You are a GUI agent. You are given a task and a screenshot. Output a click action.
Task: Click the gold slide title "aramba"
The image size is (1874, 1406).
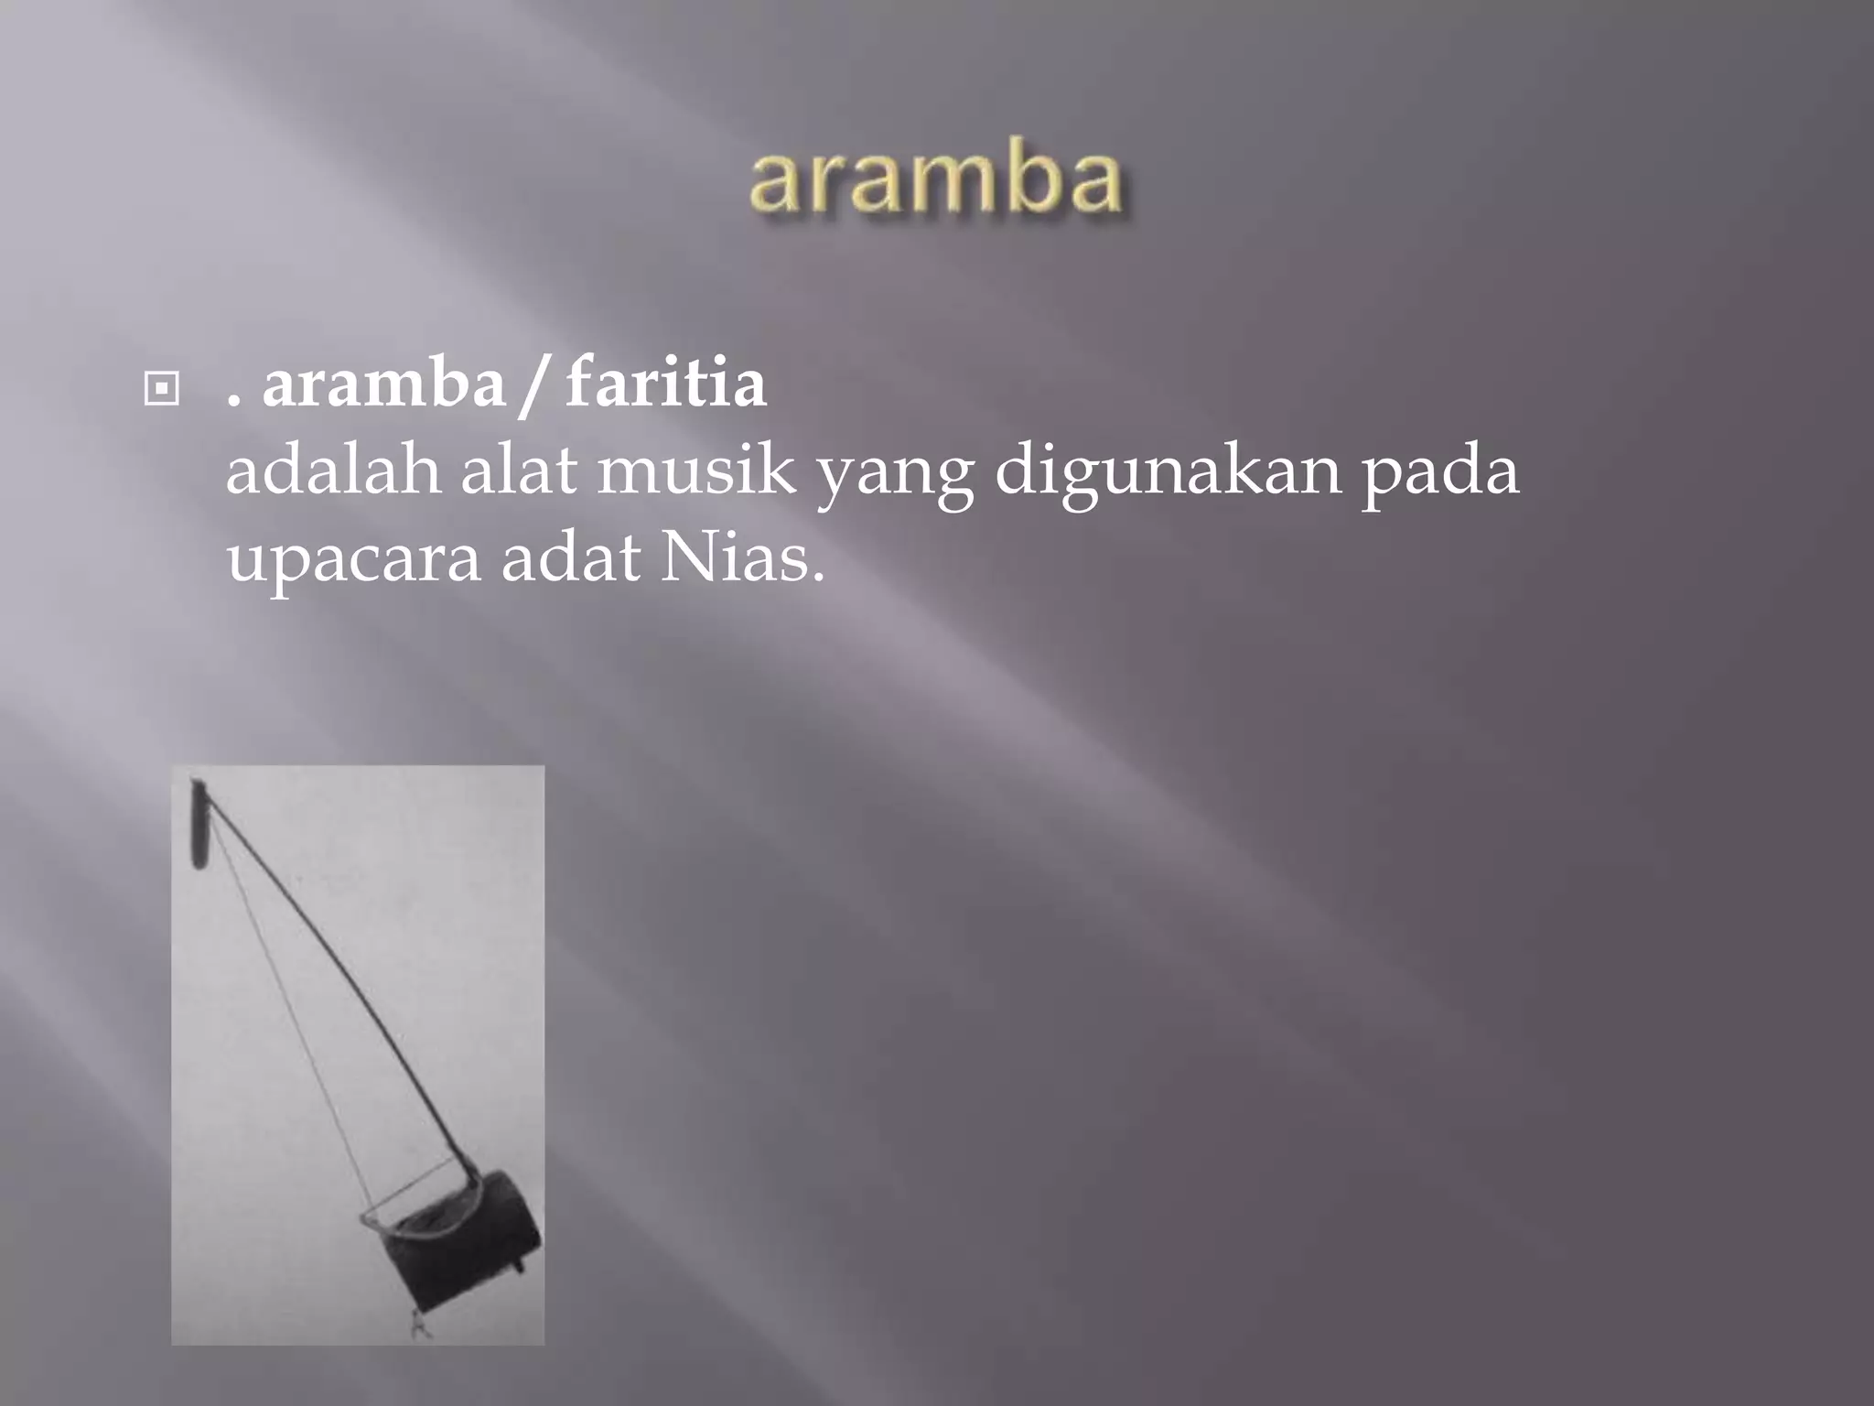tap(935, 179)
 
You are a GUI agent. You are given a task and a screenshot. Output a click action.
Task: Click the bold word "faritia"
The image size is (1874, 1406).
tap(665, 384)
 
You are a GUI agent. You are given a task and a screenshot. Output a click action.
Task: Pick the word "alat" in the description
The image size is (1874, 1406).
tap(519, 472)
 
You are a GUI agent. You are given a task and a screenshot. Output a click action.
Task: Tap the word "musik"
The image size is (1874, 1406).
tap(695, 472)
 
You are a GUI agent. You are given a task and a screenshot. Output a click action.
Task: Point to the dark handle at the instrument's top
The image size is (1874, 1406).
tap(198, 822)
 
